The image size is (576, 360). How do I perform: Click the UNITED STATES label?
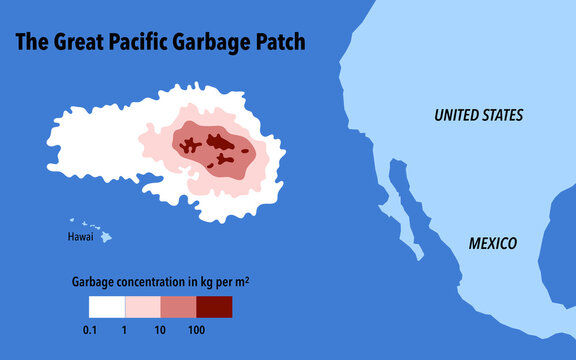point(478,116)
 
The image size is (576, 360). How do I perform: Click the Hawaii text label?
point(80,238)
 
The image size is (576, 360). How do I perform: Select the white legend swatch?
point(106,306)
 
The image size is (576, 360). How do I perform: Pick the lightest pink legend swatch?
point(142,306)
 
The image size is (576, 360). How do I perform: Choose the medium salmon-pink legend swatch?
point(178,306)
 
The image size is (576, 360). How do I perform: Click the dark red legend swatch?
point(214,306)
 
